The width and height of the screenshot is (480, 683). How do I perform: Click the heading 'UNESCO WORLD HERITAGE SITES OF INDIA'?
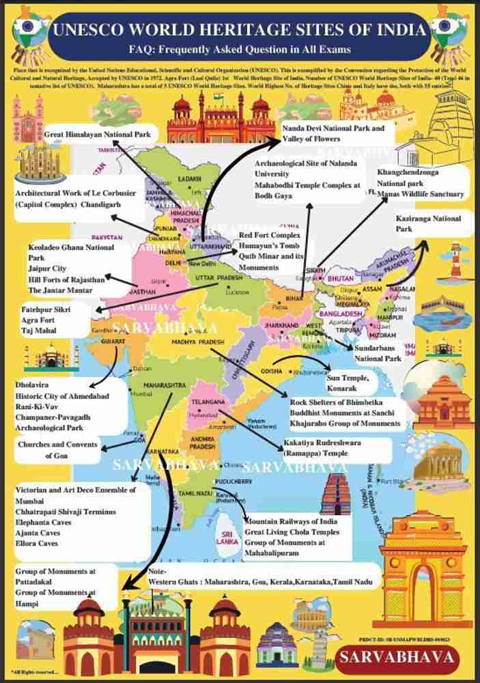pos(240,30)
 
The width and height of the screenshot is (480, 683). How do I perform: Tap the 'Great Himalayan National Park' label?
pos(98,135)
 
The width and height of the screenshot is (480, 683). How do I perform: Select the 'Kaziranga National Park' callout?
pos(428,223)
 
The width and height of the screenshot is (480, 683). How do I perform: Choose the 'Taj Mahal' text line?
pos(38,331)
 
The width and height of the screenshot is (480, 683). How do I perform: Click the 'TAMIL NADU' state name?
pos(193,493)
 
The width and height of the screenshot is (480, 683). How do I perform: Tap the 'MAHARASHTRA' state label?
pos(165,386)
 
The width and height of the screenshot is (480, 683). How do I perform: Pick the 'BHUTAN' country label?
pos(340,279)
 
